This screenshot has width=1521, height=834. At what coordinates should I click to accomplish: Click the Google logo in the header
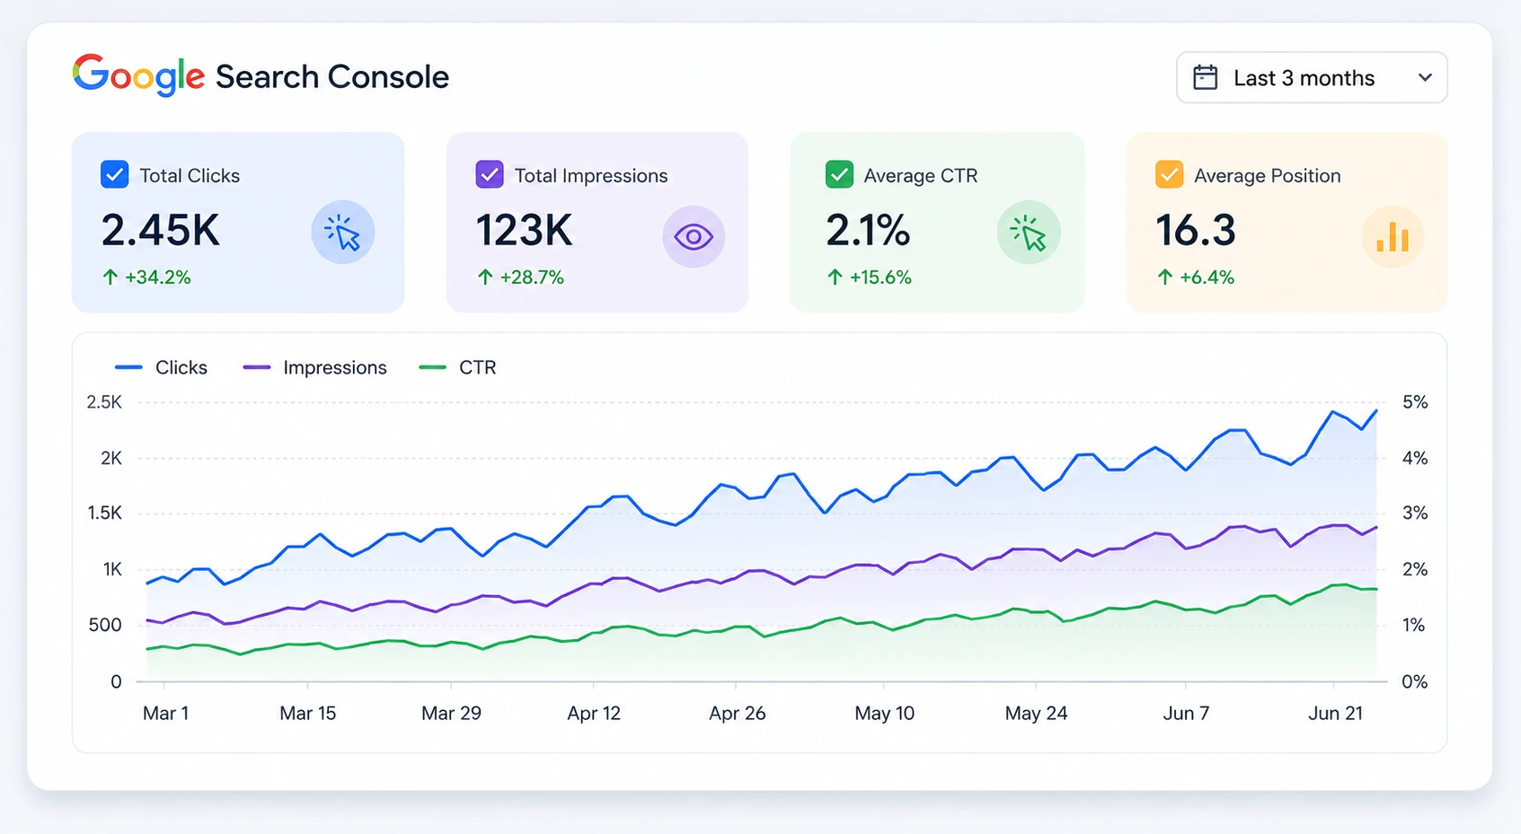pos(138,75)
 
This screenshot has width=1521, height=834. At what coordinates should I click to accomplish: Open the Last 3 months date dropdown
pos(1311,77)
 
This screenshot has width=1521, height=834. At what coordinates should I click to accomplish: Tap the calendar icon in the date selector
pos(1206,77)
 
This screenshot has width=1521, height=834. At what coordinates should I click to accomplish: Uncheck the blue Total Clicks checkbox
pos(114,174)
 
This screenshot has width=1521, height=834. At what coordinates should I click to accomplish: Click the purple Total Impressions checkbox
pos(489,174)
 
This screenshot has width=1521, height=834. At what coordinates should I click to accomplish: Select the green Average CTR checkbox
pos(839,174)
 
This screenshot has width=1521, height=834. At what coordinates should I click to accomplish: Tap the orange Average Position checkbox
pos(1169,174)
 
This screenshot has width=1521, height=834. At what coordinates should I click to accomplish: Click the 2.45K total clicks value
pos(160,230)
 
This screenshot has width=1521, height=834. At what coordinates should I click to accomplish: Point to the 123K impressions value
pos(524,230)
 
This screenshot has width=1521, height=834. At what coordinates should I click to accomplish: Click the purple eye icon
pos(694,237)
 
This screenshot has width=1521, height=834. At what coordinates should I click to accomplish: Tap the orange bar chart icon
pos(1393,237)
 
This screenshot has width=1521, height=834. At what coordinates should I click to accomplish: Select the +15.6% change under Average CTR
pos(869,277)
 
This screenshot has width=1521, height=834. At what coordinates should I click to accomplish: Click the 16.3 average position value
pos(1195,230)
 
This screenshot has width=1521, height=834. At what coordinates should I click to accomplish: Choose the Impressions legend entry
pos(315,367)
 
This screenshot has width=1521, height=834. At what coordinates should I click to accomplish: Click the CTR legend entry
pos(457,367)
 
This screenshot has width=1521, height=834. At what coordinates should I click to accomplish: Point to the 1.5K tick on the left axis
pos(104,513)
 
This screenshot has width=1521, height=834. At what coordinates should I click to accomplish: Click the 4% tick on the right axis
pos(1415,458)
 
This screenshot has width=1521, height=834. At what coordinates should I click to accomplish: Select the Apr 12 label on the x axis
pos(594,713)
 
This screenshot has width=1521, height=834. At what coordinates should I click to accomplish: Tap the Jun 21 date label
pos(1335,713)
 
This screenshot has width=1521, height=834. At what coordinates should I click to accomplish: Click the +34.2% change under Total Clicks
pos(146,277)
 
